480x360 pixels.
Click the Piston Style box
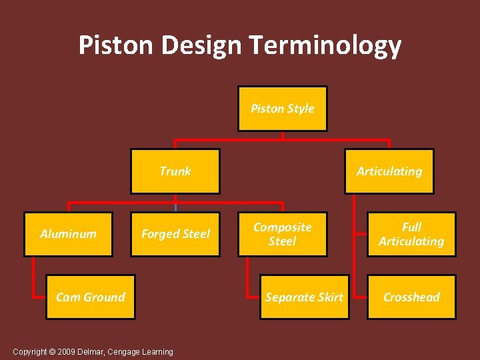pos(283,109)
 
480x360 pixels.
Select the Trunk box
pos(175,171)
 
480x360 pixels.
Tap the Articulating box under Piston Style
pos(389,171)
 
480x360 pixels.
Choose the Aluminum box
pos(68,234)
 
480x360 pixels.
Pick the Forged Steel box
pos(175,234)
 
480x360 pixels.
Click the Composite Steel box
pos(283,234)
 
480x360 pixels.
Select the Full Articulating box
pos(411,234)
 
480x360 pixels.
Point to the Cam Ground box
pos(91,297)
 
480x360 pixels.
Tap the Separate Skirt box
pos(304,297)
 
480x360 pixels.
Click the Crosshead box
pos(411,297)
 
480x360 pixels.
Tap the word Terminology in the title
pos(325,45)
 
